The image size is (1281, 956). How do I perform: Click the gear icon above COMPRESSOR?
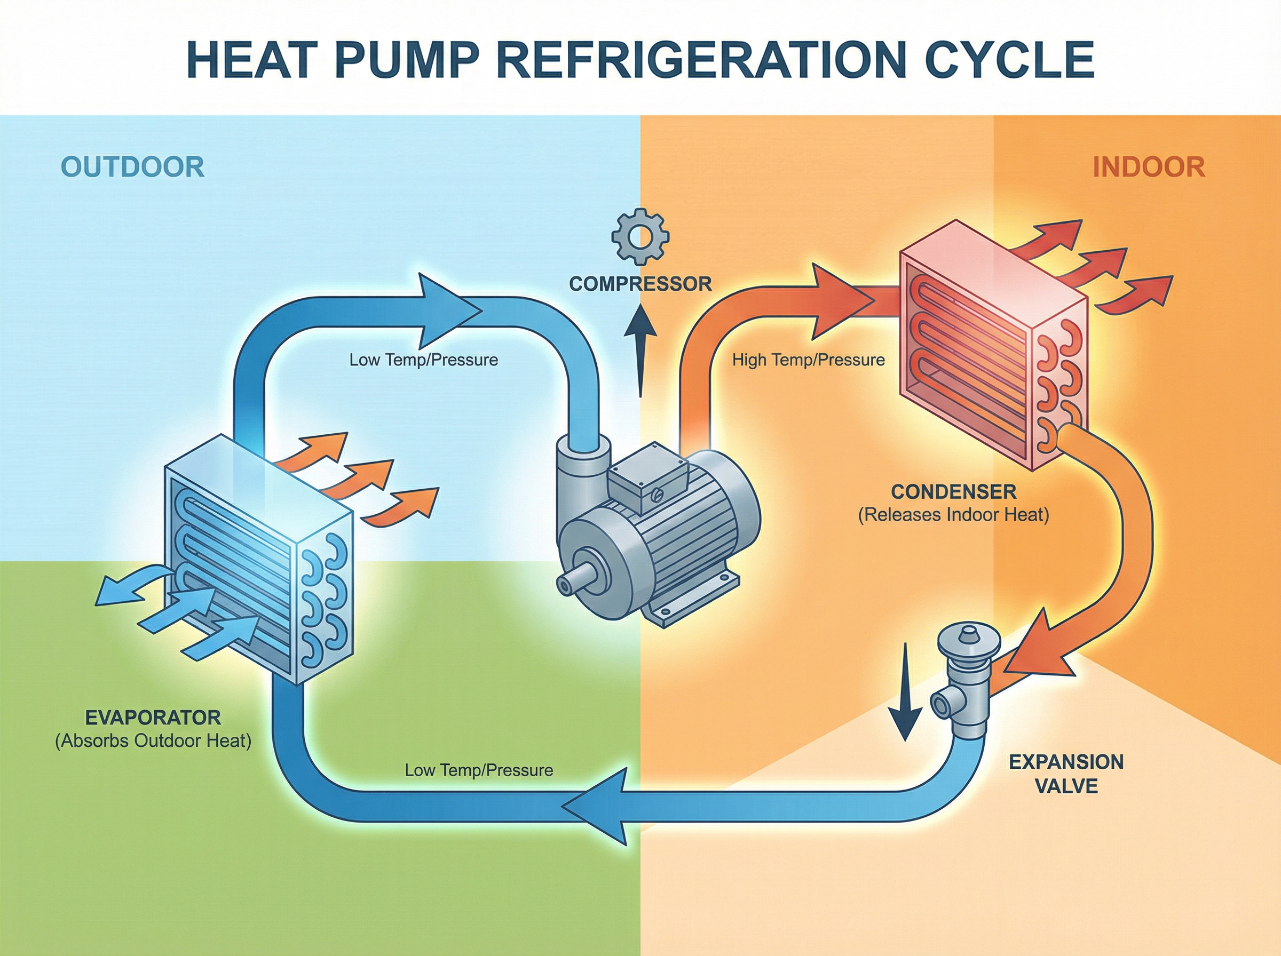[x=640, y=237]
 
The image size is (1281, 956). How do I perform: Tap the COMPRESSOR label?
[x=640, y=284]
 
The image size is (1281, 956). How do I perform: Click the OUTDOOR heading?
[x=132, y=167]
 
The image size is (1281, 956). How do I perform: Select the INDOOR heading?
[x=1149, y=167]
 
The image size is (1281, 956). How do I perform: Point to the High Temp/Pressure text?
[x=808, y=360]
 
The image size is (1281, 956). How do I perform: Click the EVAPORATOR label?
[x=153, y=718]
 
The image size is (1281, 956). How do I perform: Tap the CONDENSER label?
[x=953, y=492]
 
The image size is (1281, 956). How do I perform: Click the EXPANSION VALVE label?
[x=1066, y=774]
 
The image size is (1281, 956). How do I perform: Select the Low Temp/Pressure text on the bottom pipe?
[x=479, y=770]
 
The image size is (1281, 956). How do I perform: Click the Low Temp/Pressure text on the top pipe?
[x=423, y=360]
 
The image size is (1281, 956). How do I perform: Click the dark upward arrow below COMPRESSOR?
[x=640, y=347]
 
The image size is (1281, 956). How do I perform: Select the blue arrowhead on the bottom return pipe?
[x=599, y=806]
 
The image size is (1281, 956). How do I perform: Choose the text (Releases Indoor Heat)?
[x=953, y=514]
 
